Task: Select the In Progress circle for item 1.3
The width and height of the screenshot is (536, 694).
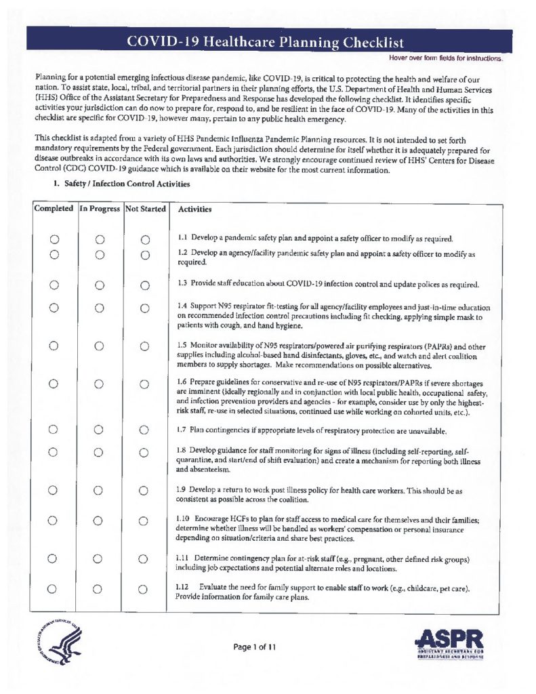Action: (99, 285)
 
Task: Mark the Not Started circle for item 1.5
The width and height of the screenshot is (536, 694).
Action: (144, 347)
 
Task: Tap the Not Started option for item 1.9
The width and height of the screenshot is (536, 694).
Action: (144, 490)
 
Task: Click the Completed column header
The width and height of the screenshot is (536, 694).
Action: (54, 209)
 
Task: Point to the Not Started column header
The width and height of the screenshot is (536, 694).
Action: (145, 209)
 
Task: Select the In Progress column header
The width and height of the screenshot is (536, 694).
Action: (100, 209)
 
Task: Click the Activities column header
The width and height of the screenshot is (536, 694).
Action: (194, 210)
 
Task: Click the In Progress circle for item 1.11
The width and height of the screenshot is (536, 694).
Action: (99, 558)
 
